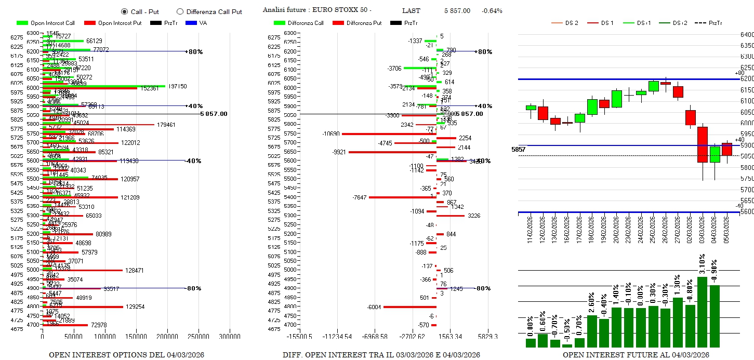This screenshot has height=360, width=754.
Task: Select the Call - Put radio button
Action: coord(124,11)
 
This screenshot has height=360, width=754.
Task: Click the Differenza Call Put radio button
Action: coord(180,11)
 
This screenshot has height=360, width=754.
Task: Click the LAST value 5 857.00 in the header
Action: coord(457,11)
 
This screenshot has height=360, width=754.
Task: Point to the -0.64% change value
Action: coord(492,11)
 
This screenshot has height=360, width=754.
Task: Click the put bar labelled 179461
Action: coord(99,125)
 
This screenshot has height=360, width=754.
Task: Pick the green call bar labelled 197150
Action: coord(104,86)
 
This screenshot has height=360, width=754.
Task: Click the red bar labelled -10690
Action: coord(389,134)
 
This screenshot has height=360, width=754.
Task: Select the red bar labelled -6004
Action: coord(409,307)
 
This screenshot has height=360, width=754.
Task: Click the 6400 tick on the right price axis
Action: coord(747,35)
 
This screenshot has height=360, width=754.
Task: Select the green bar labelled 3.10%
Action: coord(702,312)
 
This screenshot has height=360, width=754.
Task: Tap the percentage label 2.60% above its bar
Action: coord(592,305)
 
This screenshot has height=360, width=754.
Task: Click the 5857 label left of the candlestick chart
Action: coord(518,150)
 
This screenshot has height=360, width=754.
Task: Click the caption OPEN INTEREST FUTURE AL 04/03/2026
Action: coord(636,355)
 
